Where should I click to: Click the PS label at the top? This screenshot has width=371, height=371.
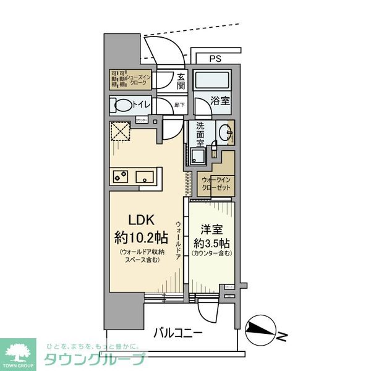[215, 59]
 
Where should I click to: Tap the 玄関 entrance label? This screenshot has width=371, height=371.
[181, 80]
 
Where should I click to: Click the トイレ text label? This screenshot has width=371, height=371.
[143, 105]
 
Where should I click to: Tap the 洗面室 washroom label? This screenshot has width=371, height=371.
[200, 134]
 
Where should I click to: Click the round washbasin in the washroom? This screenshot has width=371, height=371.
[225, 133]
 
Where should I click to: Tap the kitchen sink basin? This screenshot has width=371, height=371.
[147, 176]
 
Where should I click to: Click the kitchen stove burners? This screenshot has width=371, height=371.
[119, 176]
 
